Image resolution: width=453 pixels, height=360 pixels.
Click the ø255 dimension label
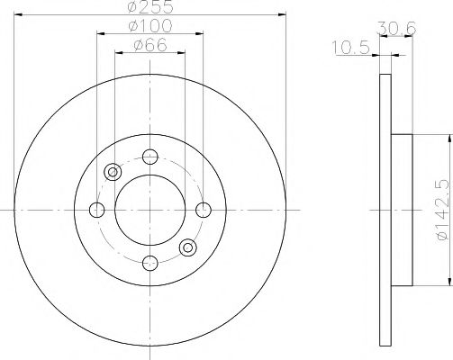click(150, 9)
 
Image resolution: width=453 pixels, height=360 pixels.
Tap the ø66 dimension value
click(150, 47)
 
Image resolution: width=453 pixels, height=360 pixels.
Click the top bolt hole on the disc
click(150, 156)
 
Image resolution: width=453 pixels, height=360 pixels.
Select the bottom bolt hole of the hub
click(150, 263)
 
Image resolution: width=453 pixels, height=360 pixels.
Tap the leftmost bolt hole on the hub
click(97, 210)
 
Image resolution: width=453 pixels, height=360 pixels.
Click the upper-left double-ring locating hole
click(113, 172)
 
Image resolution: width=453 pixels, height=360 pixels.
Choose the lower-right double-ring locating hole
click(188, 247)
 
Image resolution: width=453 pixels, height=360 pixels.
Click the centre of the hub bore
click(150, 210)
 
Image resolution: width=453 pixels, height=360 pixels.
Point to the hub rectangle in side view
click(402, 210)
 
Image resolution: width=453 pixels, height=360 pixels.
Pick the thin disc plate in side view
click(385, 210)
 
